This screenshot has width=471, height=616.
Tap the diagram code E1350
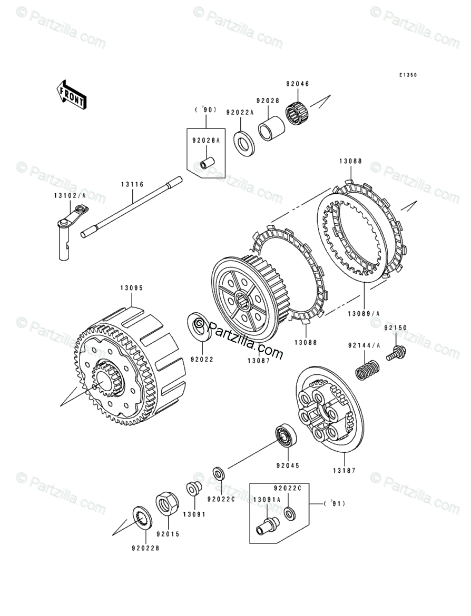[407, 75]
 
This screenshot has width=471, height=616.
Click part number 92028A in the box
[205, 141]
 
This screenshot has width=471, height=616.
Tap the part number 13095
[131, 288]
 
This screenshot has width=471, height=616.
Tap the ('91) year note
[335, 503]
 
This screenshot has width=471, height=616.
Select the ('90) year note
[205, 110]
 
